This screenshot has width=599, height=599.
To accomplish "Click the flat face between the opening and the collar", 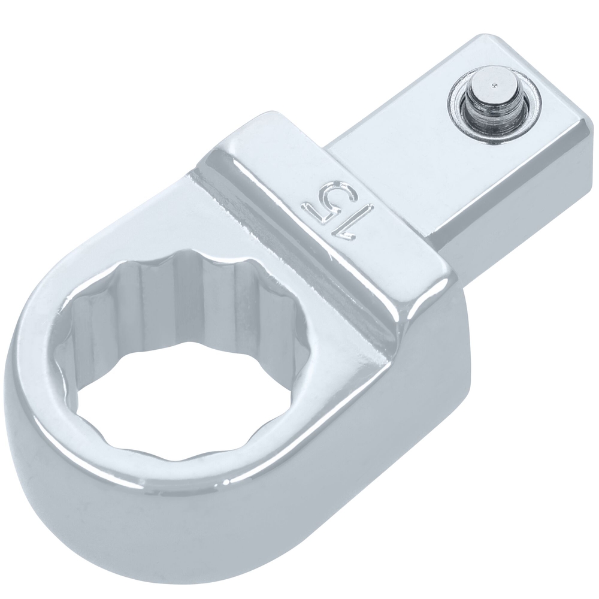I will coord(323,335).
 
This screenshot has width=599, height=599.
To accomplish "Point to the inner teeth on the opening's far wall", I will coord(180,288).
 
